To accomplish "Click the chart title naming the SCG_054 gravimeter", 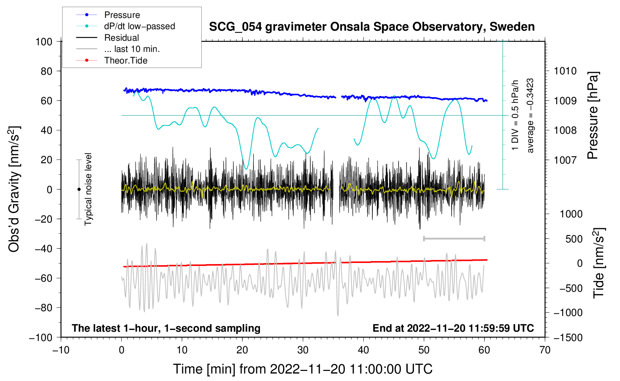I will click(372, 27).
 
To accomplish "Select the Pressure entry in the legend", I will click(122, 15).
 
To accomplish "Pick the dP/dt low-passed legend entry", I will click(139, 26).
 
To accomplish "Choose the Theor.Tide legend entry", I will click(126, 61).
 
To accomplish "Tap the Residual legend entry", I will click(121, 38).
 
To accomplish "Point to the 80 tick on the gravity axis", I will click(46, 71).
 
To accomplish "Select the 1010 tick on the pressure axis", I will click(565, 71).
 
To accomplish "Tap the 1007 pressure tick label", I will click(565, 160).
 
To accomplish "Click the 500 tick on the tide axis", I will click(574, 239).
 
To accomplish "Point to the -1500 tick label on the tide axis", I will click(568, 337).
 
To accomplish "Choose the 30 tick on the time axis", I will click(303, 350).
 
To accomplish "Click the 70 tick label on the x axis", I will click(545, 350).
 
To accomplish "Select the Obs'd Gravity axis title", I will click(14, 189).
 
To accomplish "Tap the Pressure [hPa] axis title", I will click(593, 116).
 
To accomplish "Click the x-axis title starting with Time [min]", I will click(303, 369).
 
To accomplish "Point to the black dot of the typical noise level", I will click(79, 189).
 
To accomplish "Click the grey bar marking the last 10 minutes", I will click(454, 238).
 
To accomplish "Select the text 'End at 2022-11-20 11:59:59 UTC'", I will click(453, 328).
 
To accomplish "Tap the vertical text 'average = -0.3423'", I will click(530, 116).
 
